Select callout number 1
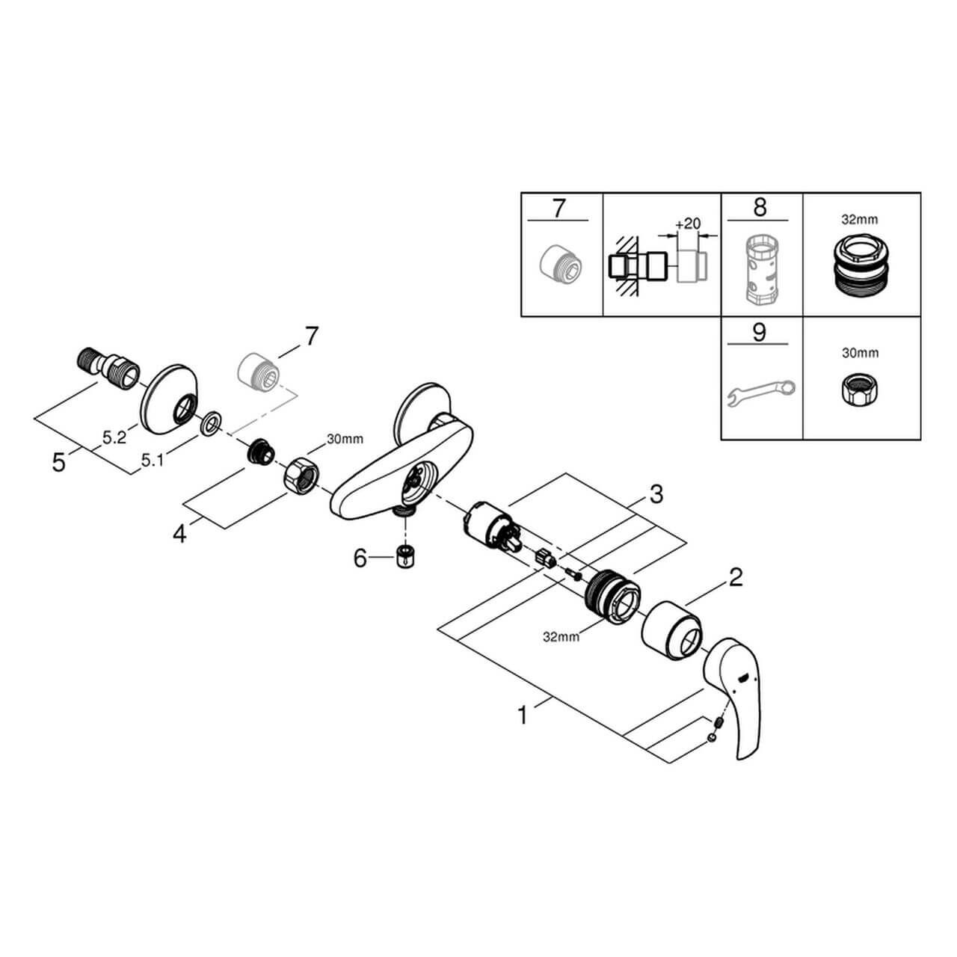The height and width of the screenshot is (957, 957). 523,715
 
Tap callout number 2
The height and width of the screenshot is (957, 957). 736,577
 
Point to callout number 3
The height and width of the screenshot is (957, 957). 655,493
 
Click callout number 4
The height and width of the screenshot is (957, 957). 179,533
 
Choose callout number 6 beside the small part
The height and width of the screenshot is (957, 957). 360,558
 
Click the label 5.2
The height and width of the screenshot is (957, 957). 114,439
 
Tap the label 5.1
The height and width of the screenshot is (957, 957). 153,462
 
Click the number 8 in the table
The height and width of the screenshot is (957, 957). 760,207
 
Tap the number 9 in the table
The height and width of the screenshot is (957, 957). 760,331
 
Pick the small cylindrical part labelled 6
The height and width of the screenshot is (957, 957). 405,557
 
